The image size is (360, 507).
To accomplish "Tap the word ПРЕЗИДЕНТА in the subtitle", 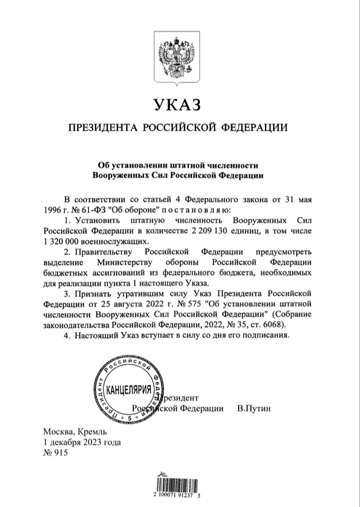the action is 102,128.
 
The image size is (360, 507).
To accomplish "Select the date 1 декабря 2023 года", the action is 82,443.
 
